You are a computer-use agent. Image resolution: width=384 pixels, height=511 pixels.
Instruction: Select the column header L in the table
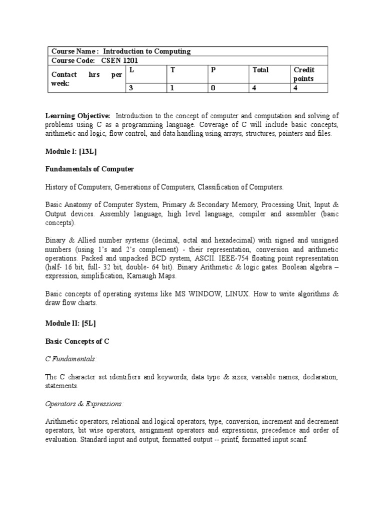click(131, 70)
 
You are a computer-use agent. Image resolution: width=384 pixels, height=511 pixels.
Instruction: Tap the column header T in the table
click(172, 70)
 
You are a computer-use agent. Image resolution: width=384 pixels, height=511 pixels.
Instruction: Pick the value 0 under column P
click(213, 88)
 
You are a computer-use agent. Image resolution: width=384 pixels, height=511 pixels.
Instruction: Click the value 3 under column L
click(131, 88)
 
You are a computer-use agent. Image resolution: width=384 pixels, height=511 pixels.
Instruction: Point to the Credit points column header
click(303, 74)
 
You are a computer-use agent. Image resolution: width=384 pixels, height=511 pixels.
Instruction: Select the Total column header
click(260, 70)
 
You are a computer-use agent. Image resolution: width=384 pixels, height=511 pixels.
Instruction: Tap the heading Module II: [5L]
click(71, 323)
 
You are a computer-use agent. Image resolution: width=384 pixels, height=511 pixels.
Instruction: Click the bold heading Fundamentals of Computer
click(90, 169)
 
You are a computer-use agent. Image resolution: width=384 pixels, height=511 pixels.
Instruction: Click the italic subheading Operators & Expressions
click(84, 403)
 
